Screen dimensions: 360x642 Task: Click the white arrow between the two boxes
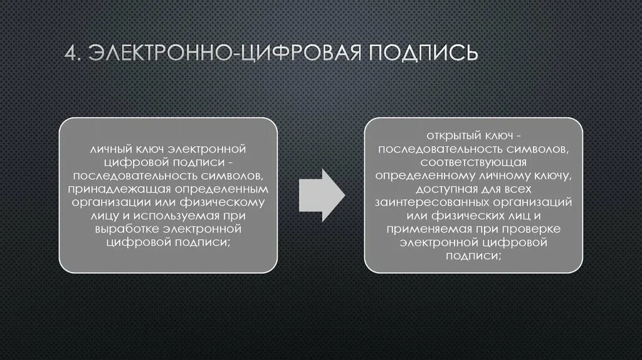pyautogui.click(x=321, y=194)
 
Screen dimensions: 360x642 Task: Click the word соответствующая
pyautogui.click(x=473, y=162)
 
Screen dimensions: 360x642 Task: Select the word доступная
pyautogui.click(x=438, y=189)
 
